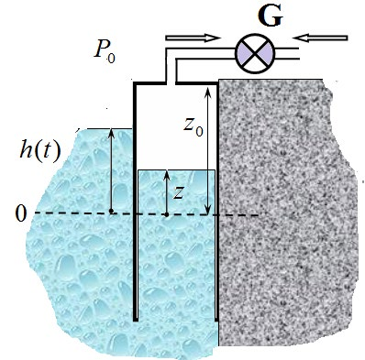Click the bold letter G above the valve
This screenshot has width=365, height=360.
270,17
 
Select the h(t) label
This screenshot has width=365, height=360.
40,150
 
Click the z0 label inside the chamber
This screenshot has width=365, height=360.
194,127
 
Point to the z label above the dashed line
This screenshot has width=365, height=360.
178,193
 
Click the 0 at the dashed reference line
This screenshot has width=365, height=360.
21,214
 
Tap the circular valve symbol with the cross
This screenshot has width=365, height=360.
255,53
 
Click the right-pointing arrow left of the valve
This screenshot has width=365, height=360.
193,38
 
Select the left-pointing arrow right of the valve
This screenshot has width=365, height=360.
320,38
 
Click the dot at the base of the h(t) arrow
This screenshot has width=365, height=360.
111,211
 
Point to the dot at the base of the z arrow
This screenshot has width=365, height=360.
167,214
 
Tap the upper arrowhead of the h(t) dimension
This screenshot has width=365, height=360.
111,132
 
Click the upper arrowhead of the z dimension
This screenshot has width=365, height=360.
167,174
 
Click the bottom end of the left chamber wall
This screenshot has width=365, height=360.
136,320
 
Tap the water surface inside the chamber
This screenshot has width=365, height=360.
176,169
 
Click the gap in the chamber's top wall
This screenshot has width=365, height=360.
171,82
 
